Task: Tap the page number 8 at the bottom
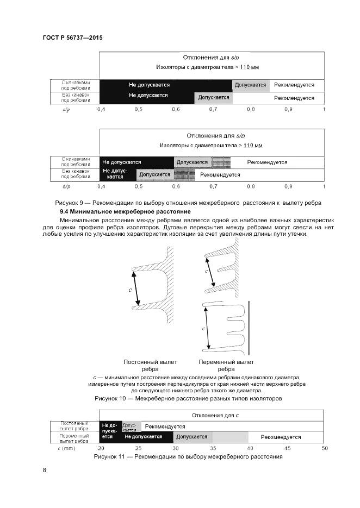coord(44,471)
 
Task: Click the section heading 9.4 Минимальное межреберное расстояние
coord(125,210)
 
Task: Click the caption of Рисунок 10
coord(188,398)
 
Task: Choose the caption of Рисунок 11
coord(188,456)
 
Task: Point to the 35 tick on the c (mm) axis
coord(213,448)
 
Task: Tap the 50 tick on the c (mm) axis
coord(325,448)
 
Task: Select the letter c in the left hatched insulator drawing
coord(131,290)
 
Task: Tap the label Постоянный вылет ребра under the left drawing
coord(142,365)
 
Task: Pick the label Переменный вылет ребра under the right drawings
coord(226,365)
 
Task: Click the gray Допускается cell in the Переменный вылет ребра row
coord(192,437)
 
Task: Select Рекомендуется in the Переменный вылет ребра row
coord(281,437)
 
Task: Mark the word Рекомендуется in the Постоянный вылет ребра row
coord(165,427)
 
